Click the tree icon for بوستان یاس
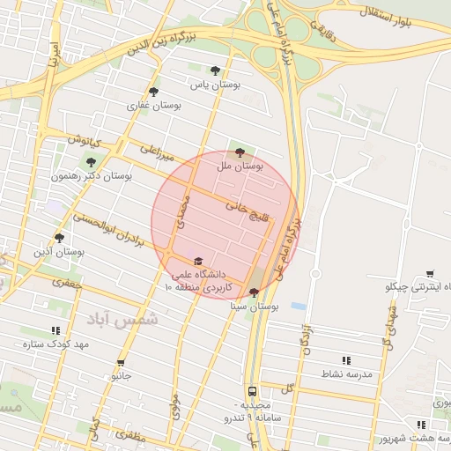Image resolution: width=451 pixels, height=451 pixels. [x=214, y=70]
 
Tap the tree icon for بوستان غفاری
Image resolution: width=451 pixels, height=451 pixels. [x=153, y=91]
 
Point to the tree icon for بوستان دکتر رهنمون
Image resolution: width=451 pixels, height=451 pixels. [x=91, y=161]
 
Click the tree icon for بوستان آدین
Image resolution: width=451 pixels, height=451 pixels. [x=59, y=238]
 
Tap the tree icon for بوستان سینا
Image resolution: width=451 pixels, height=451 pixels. [x=255, y=292]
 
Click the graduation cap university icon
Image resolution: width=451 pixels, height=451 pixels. [x=198, y=262]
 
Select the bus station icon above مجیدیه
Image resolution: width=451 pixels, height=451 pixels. [x=252, y=389]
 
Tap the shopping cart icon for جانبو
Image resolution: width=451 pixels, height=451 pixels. [x=121, y=362]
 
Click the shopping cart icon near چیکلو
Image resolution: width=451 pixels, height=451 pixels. [x=430, y=274]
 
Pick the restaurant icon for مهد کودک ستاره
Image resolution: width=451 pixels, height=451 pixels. [x=56, y=330]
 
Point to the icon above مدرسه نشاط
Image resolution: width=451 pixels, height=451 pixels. [x=345, y=360]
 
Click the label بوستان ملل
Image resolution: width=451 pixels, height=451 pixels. [x=240, y=166]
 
